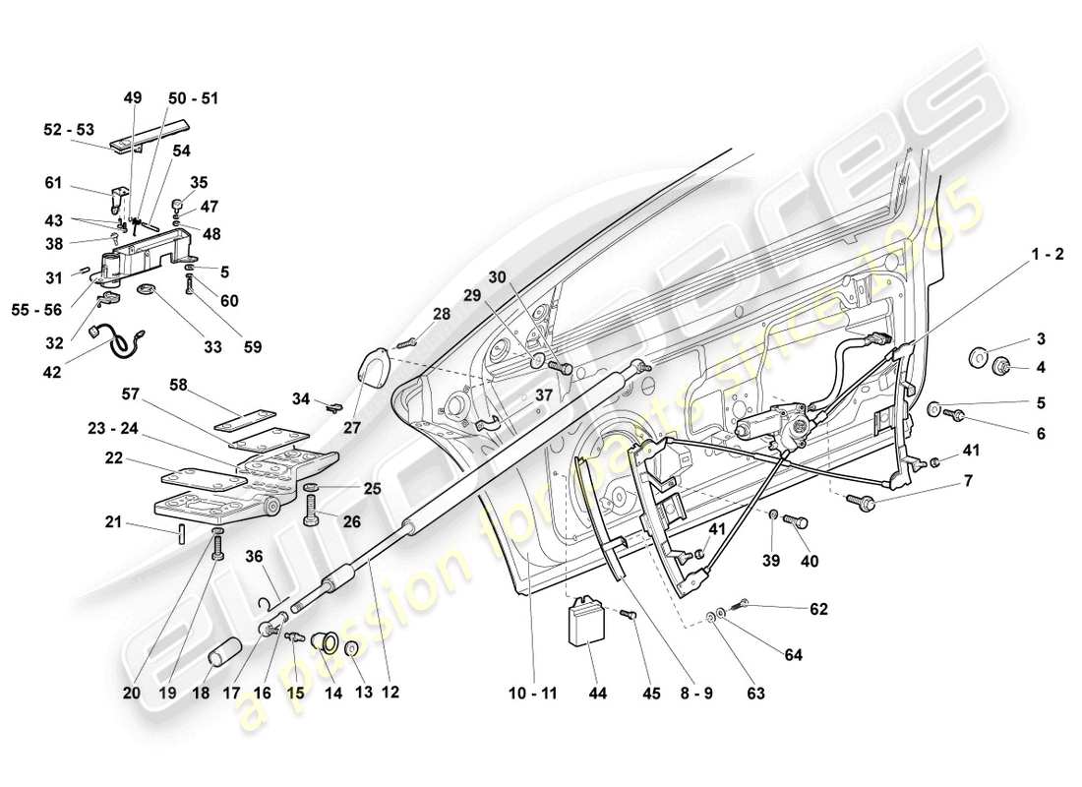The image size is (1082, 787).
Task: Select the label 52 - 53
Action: click(x=69, y=129)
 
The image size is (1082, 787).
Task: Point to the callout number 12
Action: click(x=391, y=694)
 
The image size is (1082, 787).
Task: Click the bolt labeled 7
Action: click(x=867, y=501)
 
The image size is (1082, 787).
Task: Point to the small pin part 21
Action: click(x=183, y=534)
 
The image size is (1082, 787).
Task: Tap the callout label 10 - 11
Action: click(x=534, y=694)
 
